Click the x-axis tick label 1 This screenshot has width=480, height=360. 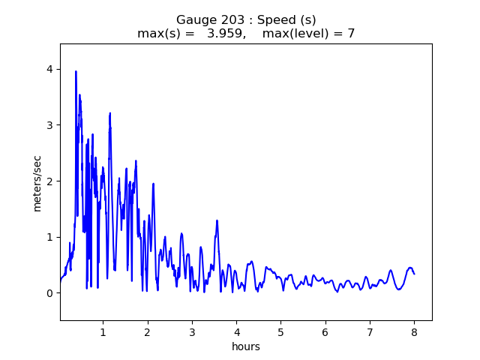tap(103, 332)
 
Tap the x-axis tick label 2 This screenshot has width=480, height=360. tap(148, 332)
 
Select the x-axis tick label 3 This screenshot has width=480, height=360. tap(192, 332)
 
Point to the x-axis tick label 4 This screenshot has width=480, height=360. tap(236, 332)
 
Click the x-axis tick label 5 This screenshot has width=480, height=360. tap(280, 332)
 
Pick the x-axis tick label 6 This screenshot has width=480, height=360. tap(325, 332)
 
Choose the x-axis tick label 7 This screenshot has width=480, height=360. tap(370, 332)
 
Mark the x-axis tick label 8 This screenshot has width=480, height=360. tap(414, 332)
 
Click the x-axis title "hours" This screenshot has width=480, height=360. tap(246, 346)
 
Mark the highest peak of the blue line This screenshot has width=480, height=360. tap(76, 71)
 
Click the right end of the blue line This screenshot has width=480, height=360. tap(414, 274)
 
